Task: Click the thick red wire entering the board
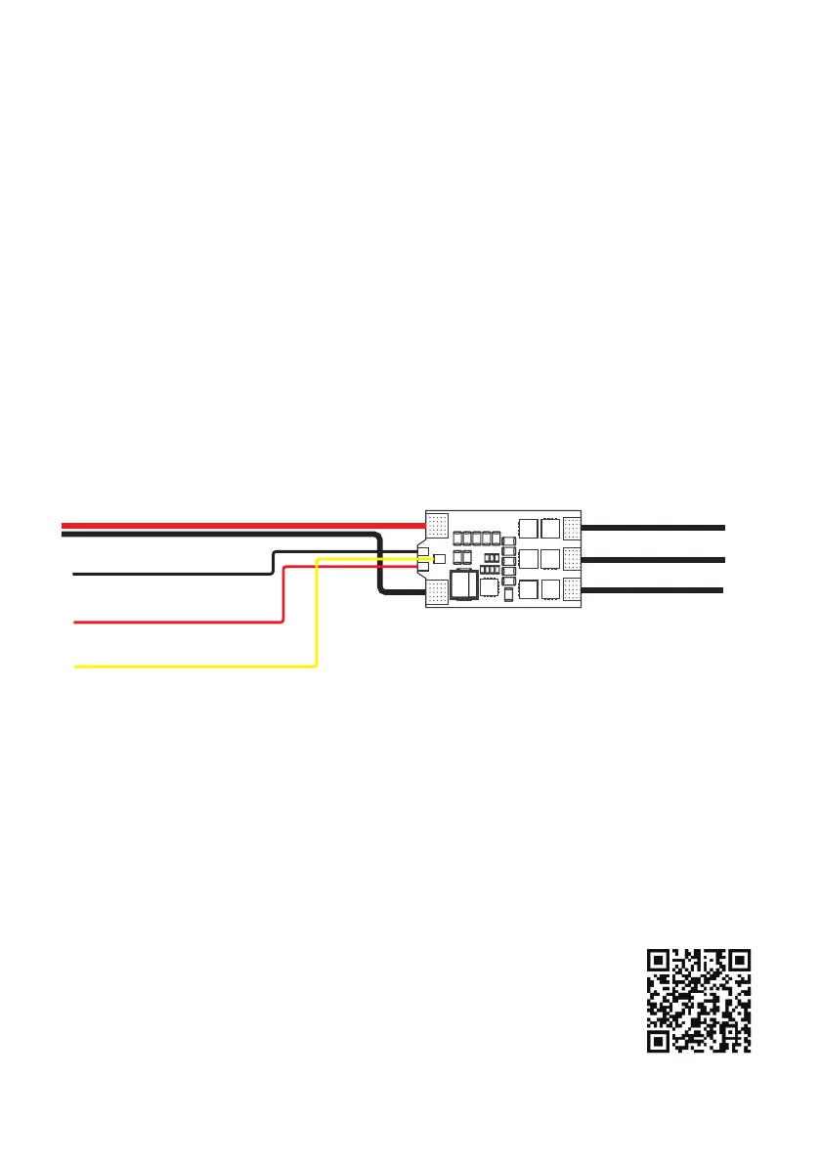(244, 526)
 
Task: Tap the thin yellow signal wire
(195, 666)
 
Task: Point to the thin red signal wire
(176, 621)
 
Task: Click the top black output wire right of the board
(655, 527)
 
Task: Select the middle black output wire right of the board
(655, 559)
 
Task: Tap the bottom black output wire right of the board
(655, 590)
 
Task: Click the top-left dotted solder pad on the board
(437, 525)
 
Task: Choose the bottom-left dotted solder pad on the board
(436, 591)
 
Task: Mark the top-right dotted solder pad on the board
(573, 527)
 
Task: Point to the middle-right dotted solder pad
(573, 559)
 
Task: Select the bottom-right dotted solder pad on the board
(573, 589)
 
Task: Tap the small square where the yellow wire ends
(440, 559)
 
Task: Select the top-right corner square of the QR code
(740, 960)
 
